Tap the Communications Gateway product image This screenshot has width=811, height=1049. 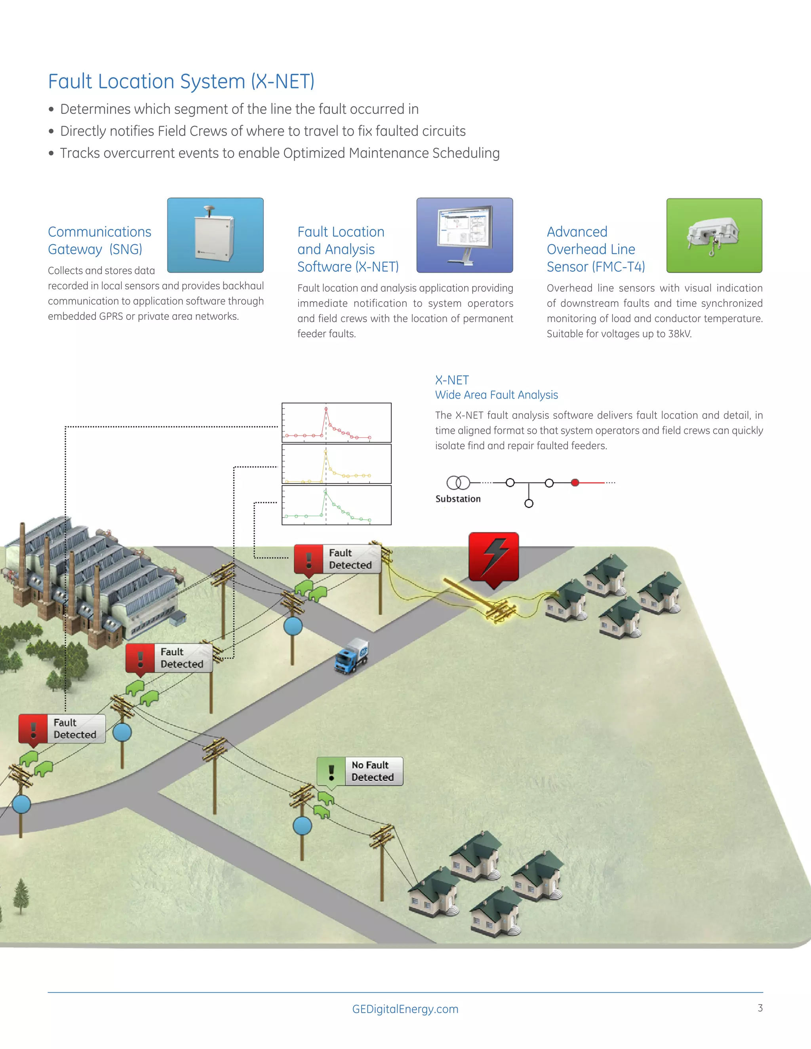pos(215,236)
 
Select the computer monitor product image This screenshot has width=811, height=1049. pos(465,236)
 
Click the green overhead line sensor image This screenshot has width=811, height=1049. pos(714,236)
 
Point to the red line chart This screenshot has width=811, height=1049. pos(336,423)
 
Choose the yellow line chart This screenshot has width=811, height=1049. pos(336,464)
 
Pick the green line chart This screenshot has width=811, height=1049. pos(336,505)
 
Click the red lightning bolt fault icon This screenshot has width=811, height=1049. pos(493,557)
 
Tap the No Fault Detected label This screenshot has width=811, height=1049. pos(360,771)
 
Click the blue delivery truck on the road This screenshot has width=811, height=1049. pos(352,656)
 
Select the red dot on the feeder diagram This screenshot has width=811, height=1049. pos(575,483)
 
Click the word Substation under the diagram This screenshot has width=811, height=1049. pos(458,499)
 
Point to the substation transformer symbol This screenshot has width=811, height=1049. pos(458,482)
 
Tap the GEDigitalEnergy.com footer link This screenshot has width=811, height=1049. pos(405,1009)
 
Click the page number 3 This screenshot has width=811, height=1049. pos(760,1008)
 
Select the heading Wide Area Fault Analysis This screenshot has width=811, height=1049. pos(496,395)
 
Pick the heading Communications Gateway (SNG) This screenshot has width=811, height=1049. pos(99,241)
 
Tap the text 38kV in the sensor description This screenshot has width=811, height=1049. pos(680,334)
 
